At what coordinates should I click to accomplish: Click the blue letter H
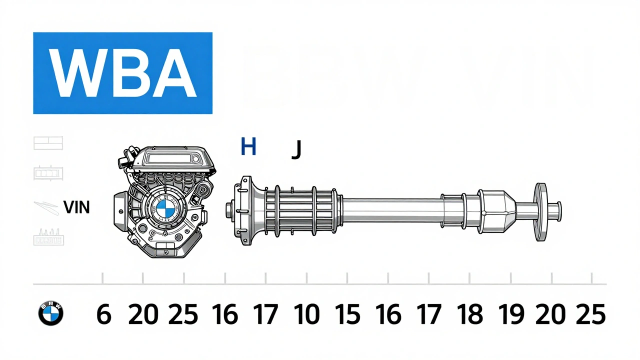click(x=248, y=147)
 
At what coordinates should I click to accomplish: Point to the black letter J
click(x=296, y=149)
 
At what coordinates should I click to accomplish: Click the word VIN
click(x=77, y=207)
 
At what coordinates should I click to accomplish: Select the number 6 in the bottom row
click(x=103, y=315)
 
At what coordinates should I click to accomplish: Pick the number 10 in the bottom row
click(x=306, y=315)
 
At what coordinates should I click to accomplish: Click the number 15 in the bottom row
click(x=347, y=315)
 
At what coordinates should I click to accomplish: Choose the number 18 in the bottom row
click(x=470, y=315)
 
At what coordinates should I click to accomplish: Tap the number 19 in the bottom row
click(x=511, y=315)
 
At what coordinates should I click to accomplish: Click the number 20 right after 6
click(x=143, y=315)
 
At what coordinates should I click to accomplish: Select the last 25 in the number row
click(x=590, y=315)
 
